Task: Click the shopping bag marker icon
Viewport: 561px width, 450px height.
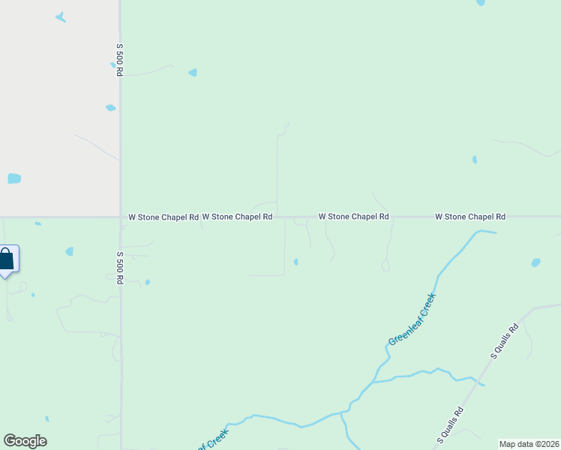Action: pos(6,260)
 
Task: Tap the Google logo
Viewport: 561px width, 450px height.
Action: pos(25,441)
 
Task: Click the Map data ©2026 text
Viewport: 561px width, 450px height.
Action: pos(529,444)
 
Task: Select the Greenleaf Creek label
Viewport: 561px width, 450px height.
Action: pos(412,319)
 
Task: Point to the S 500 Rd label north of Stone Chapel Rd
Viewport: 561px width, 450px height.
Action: pos(119,58)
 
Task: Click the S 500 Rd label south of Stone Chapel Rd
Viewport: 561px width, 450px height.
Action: pos(119,268)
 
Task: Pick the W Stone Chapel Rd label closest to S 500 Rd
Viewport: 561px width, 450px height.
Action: pos(163,217)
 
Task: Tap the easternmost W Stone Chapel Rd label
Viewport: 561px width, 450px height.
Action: pos(470,217)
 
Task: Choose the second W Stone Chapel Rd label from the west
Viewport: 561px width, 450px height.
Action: pos(237,217)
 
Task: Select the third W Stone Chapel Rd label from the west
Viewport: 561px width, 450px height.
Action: pos(353,217)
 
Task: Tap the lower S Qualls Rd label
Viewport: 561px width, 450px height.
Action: pos(451,424)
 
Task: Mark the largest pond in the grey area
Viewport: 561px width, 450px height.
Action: pos(14,178)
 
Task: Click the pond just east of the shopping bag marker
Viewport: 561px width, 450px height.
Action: pos(69,251)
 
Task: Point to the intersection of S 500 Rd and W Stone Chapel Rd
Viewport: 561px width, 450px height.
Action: pos(120,217)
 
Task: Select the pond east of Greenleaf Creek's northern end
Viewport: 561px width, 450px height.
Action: pos(535,262)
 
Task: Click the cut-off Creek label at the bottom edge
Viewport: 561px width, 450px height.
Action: pos(213,440)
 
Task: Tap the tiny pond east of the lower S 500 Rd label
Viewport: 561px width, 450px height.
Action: pos(148,282)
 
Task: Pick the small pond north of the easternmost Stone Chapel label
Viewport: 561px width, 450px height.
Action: pos(474,159)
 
